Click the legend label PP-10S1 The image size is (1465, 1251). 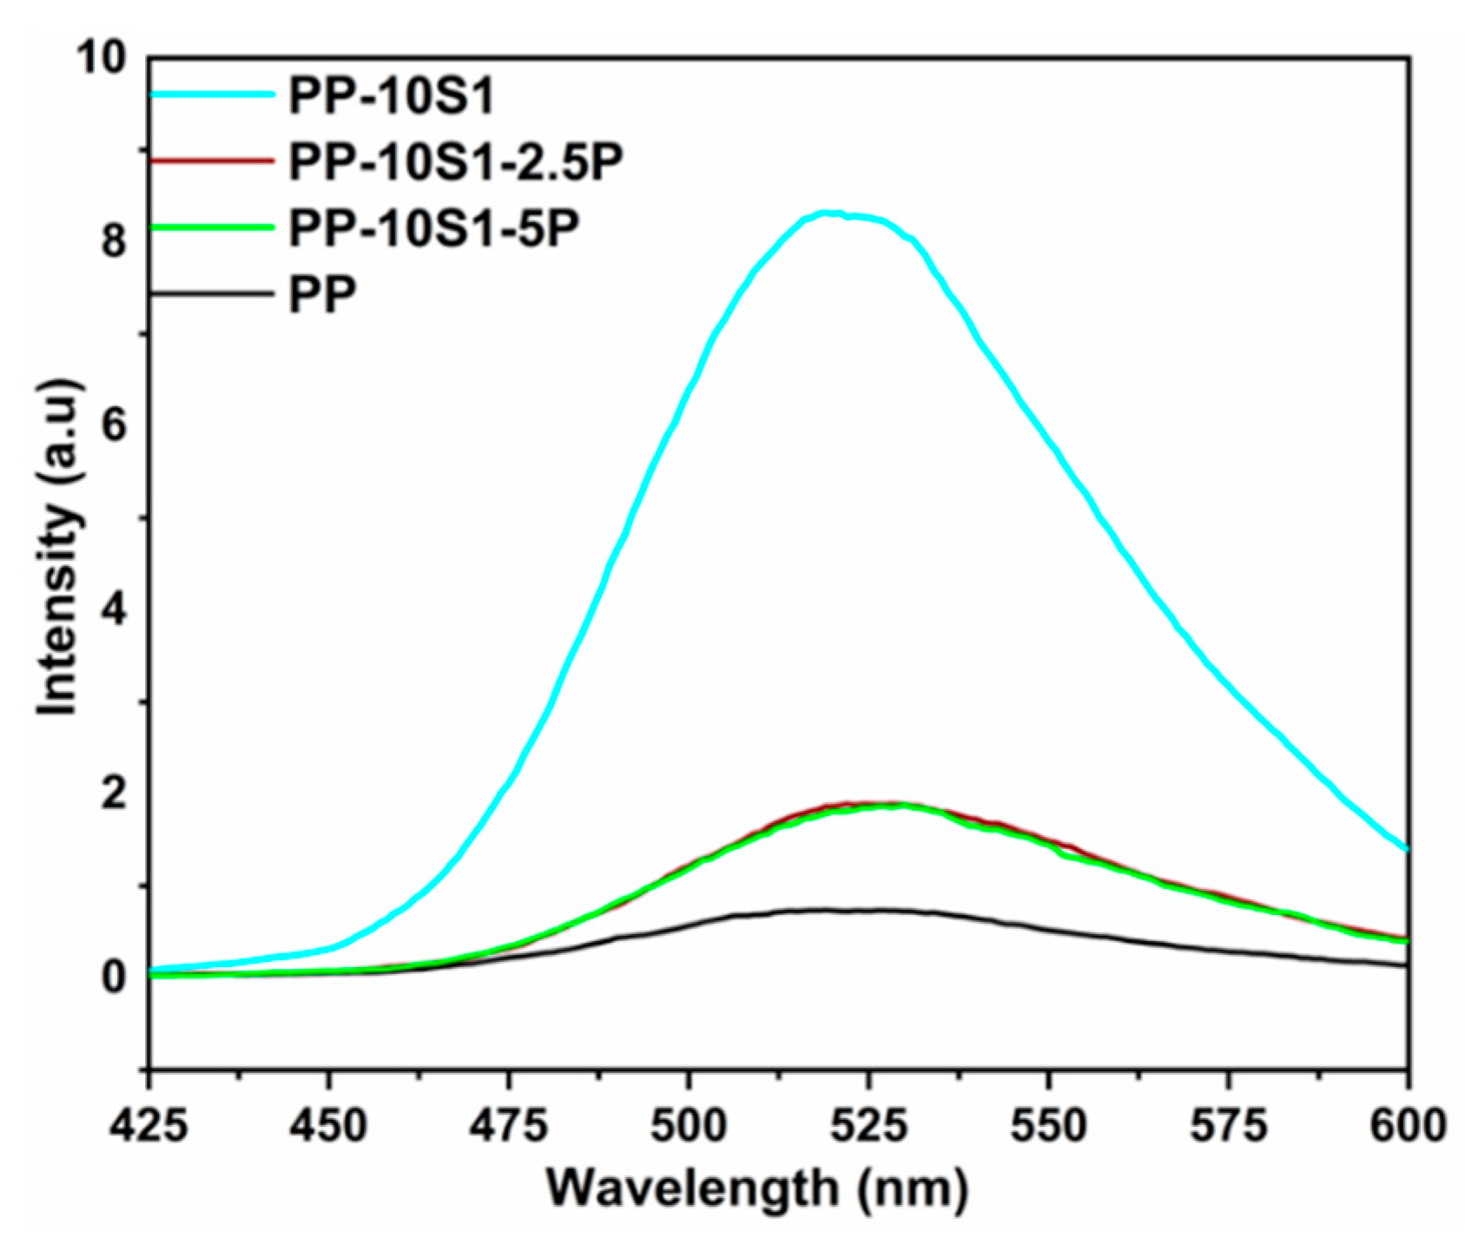392,96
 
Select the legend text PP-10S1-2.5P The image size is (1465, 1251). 457,162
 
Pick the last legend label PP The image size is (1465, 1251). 322,294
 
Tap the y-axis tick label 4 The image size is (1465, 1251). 114,611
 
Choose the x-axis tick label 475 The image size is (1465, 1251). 509,1126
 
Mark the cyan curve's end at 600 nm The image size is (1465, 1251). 1406,848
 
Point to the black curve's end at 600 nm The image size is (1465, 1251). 1406,965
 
